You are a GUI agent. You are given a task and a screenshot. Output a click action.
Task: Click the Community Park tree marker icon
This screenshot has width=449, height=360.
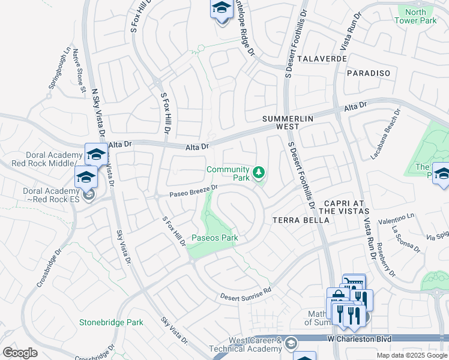pos(259,173)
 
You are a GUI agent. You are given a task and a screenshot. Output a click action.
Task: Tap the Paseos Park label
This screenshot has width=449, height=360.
pos(215,238)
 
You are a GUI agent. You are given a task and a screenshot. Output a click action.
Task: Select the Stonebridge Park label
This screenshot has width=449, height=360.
pos(111,322)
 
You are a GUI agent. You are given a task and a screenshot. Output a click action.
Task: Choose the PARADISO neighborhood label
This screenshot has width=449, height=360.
pos(369,73)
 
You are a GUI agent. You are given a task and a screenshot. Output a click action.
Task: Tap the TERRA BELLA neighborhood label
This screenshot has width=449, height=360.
pos(301,220)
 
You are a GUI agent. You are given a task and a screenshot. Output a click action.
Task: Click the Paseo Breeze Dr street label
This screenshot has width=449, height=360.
pos(192,190)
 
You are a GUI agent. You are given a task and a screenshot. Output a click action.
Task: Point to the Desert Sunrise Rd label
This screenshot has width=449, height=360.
pos(246,293)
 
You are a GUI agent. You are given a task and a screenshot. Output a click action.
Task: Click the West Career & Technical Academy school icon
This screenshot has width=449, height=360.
pos(291,343)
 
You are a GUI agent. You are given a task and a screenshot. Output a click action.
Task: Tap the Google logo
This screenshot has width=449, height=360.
pos(20,352)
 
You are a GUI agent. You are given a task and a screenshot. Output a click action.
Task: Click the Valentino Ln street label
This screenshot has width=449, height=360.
pos(396,219)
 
